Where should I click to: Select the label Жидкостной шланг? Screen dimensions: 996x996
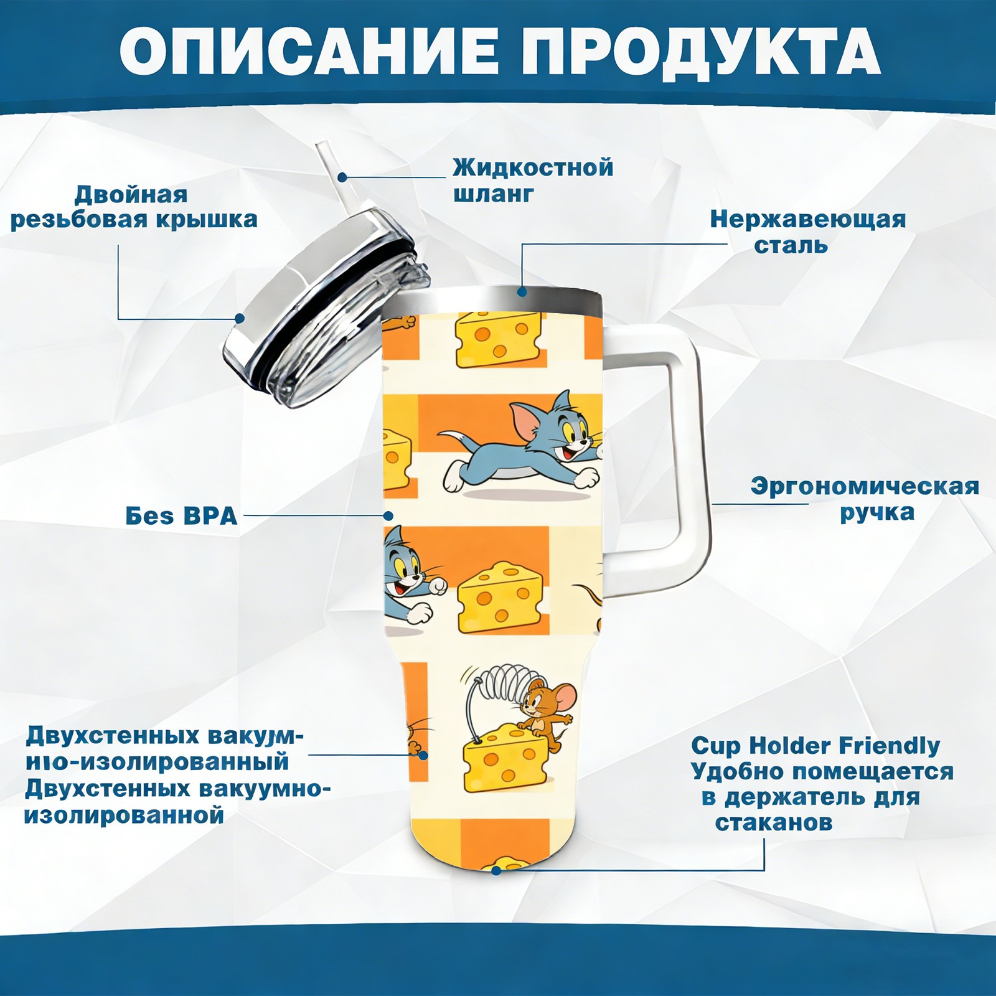[x=533, y=180]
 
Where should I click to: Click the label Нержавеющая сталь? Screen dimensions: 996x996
[x=808, y=232]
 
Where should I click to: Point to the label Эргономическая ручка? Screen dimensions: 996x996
[x=865, y=499]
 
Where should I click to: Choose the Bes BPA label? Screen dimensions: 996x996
[x=181, y=515]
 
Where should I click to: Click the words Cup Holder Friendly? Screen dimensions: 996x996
[x=815, y=745]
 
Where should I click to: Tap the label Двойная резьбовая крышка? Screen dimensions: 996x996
[x=134, y=207]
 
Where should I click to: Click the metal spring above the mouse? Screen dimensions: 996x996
[x=498, y=681]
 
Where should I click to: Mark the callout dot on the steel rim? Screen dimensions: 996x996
[x=522, y=291]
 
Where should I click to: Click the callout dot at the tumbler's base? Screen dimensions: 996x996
[x=496, y=870]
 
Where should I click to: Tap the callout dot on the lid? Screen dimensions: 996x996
[x=240, y=319]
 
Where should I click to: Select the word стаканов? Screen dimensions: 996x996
[x=773, y=822]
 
